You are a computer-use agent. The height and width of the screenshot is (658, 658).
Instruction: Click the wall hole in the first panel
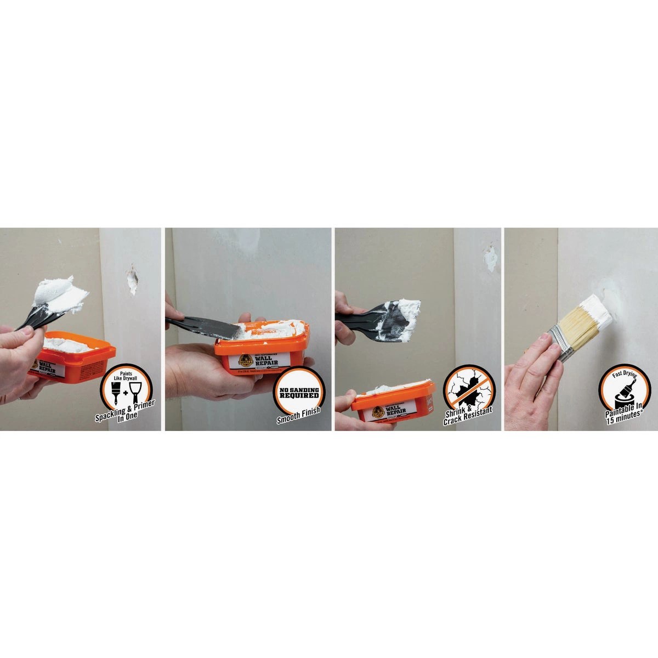132,278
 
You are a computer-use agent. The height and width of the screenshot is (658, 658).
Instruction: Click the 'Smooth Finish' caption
299,419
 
